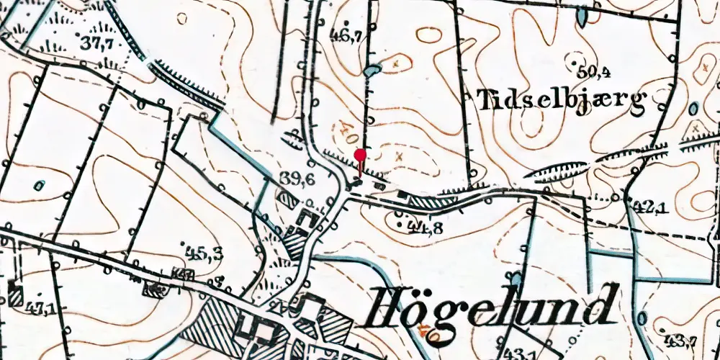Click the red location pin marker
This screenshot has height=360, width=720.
pyautogui.click(x=360, y=155)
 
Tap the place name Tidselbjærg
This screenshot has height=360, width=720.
pyautogui.click(x=569, y=101)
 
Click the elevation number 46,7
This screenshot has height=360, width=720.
pyautogui.click(x=345, y=35)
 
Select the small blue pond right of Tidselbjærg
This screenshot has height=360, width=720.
pyautogui.click(x=693, y=109)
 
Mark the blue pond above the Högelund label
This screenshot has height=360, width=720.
pyautogui.click(x=515, y=277)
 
